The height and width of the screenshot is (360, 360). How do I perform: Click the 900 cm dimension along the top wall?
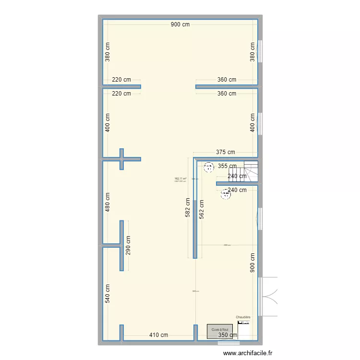180,24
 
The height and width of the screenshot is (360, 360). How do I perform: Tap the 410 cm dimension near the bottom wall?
158,335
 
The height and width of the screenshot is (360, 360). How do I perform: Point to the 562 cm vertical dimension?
202,209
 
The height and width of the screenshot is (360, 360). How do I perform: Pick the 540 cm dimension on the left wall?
108,294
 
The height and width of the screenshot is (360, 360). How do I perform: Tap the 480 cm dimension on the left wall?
108,202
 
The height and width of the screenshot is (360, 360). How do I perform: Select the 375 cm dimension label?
226,152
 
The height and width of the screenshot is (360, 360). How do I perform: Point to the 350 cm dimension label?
228,335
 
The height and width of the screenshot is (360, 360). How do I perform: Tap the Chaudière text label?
243,317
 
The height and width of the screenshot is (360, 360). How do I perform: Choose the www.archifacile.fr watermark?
248,353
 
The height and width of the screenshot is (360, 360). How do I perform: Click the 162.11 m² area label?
180,179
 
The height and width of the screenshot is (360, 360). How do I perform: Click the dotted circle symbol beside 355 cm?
209,167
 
